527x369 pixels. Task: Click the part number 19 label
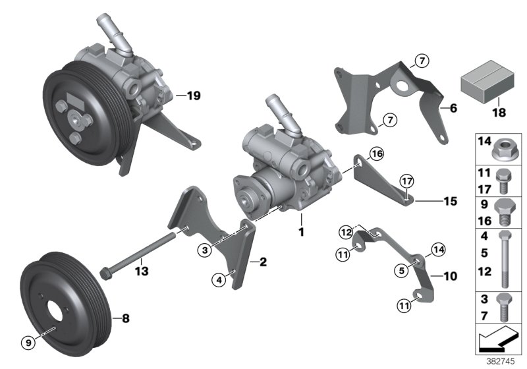click(x=192, y=96)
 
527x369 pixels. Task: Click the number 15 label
click(x=450, y=200)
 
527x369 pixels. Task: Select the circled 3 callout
click(x=205, y=249)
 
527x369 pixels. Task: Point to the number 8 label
click(x=125, y=318)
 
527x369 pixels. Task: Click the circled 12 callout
click(x=346, y=231)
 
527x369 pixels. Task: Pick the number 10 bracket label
click(x=449, y=277)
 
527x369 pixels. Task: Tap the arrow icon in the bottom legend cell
click(x=498, y=340)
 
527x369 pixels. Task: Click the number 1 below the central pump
click(x=301, y=232)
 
